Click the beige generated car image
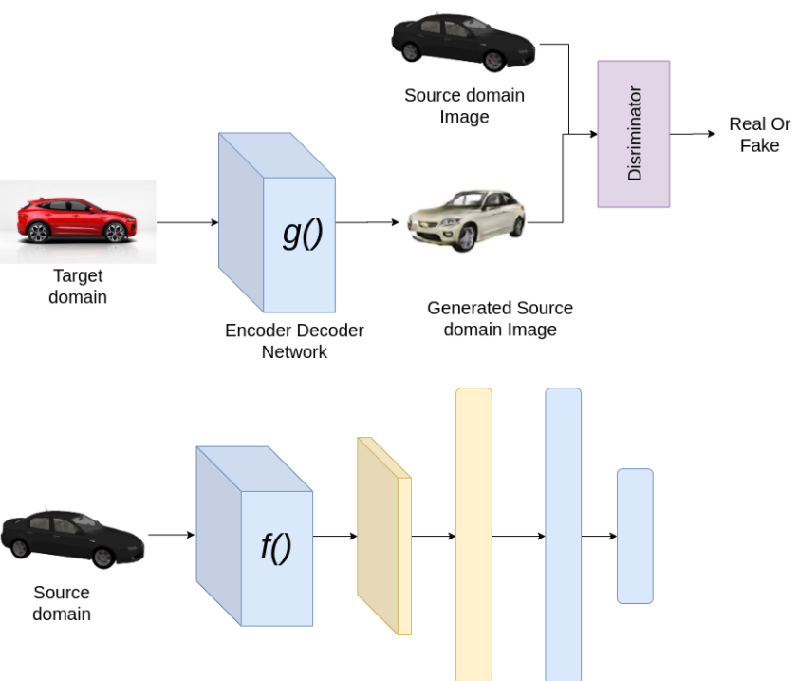point(465,219)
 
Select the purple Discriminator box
point(634,134)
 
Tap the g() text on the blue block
point(303,233)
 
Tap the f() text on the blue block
point(275,548)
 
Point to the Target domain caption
point(78,287)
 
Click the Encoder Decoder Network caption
point(294,341)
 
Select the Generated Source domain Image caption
point(500,319)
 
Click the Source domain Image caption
point(464,105)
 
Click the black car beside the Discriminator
point(464,41)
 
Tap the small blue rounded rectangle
point(635,536)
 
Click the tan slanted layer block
point(382,536)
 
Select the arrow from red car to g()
point(187,223)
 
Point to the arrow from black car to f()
point(171,535)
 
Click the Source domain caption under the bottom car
point(62,603)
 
